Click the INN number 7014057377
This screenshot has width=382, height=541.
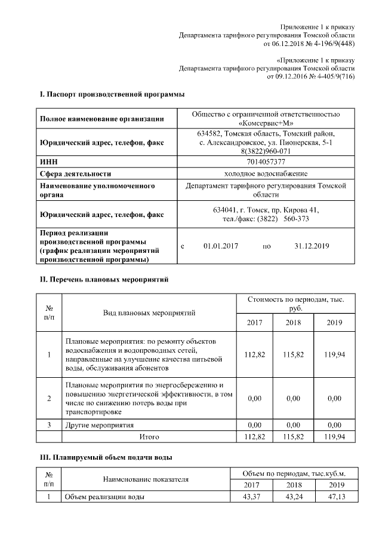point(266,162)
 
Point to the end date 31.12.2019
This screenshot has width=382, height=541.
point(313,246)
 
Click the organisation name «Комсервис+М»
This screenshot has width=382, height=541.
point(266,123)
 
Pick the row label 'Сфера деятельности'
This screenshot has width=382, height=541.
point(76,174)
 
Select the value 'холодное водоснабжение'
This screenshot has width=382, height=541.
point(266,174)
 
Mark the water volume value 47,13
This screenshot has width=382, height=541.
point(334,497)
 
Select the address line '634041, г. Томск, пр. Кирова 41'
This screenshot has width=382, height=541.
point(266,210)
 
